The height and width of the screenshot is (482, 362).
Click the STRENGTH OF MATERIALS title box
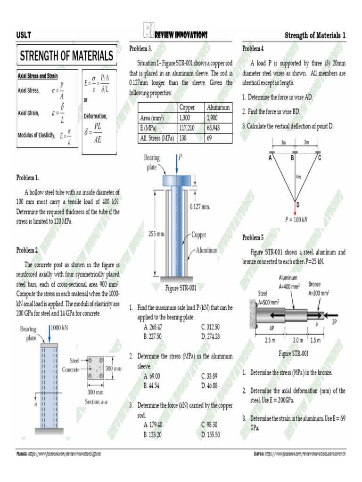tap(66, 56)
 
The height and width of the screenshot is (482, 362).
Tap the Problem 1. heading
tap(27, 177)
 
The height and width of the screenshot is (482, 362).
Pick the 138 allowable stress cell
tap(184, 138)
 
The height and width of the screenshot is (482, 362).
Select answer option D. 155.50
tap(210, 434)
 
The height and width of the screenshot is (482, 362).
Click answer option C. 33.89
tap(209, 376)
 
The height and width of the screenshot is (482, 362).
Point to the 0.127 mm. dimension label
tap(199, 206)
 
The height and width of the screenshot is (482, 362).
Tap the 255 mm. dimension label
tap(157, 233)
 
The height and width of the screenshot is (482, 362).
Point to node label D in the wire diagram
tap(298, 204)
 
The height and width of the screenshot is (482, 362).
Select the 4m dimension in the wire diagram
tap(298, 177)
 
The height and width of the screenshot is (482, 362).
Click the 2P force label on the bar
tap(335, 321)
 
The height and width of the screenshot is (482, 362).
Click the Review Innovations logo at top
tap(174, 34)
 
